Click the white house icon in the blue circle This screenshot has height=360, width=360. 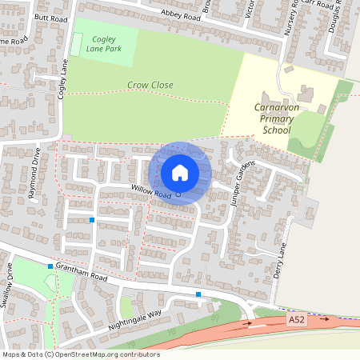[180, 172]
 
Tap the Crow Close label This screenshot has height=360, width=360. [150, 84]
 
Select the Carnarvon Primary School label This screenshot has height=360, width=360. [276, 118]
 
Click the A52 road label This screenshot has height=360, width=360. [297, 320]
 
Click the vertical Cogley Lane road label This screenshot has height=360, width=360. [61, 72]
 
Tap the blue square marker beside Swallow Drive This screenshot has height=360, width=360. [50, 266]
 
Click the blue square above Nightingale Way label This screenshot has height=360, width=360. [198, 295]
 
